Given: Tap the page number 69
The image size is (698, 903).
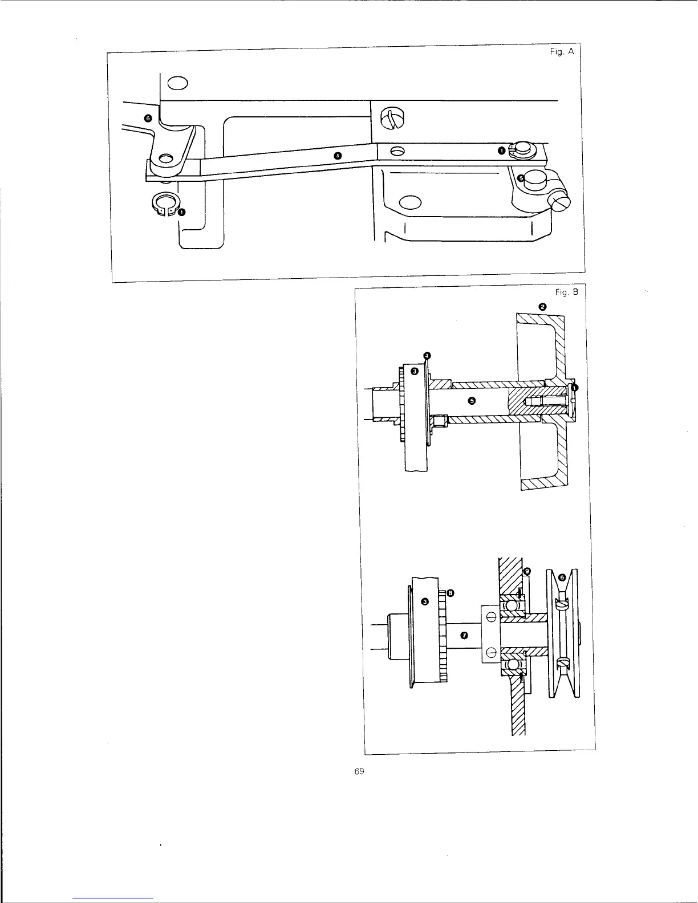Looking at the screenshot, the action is (x=359, y=771).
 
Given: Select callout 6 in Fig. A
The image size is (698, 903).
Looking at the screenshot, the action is (x=148, y=118).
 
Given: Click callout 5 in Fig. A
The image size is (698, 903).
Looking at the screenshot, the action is (x=520, y=178).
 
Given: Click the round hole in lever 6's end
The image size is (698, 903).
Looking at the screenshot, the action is (x=167, y=156).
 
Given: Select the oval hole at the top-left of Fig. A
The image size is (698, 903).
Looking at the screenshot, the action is (x=178, y=84).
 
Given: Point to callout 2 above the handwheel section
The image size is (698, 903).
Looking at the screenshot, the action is (x=542, y=307).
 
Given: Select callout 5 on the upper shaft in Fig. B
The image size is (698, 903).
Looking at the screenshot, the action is (x=472, y=400).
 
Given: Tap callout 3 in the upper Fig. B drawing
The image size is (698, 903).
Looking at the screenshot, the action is (x=415, y=371).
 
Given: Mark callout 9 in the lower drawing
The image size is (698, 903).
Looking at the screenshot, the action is (x=527, y=571).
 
